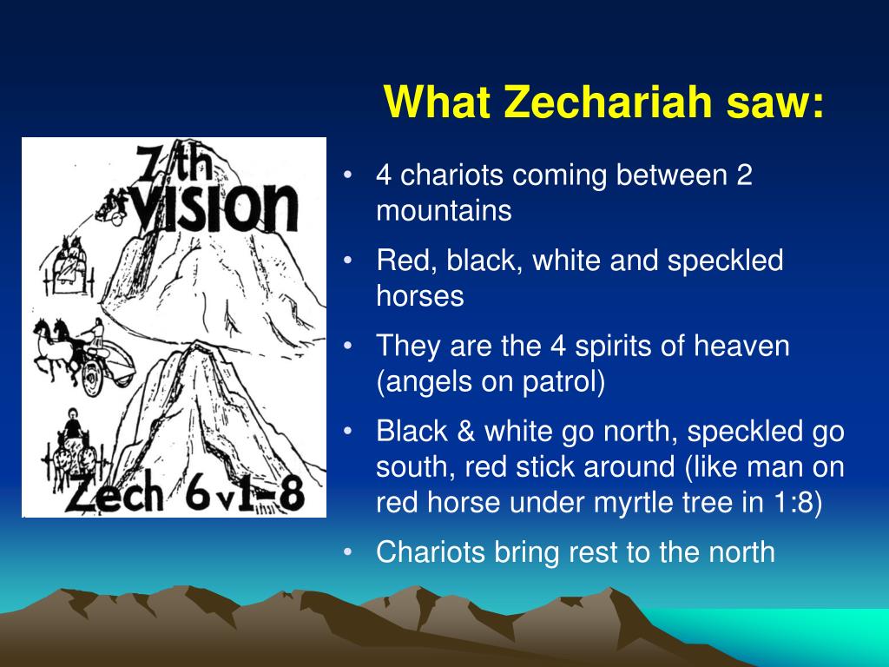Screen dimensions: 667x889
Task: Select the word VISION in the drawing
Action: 216,209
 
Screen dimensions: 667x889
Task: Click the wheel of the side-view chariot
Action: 91,378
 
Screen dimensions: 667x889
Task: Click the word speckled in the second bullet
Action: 725,261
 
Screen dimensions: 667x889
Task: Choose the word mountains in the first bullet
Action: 444,211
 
